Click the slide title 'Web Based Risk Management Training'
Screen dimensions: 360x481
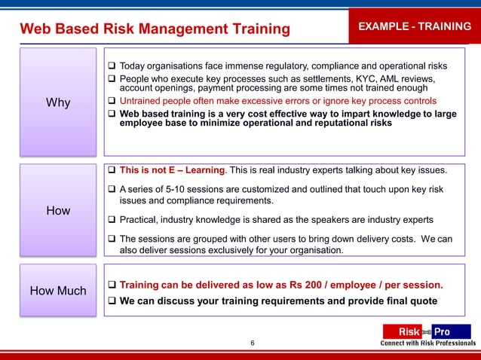[155, 29]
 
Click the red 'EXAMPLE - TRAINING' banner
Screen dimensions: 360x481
[414, 26]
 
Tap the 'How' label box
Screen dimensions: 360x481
[58, 211]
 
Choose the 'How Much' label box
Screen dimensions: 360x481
[58, 291]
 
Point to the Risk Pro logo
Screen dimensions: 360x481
[426, 331]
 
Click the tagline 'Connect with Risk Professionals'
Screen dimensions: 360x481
[427, 343]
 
